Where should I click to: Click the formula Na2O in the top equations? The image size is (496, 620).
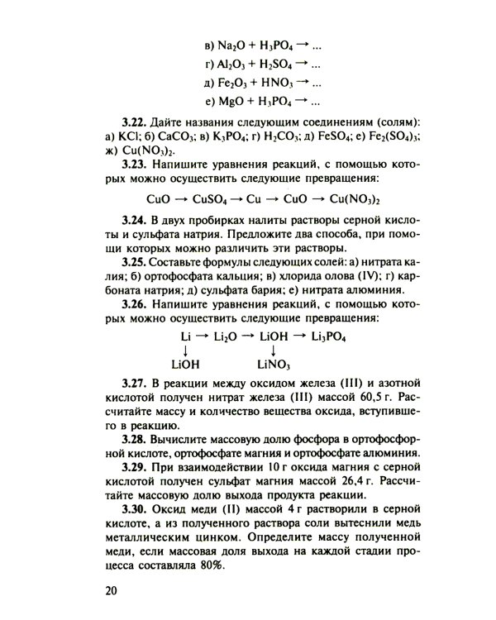pos(223,44)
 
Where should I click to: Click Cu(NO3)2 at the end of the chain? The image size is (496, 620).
pos(362,199)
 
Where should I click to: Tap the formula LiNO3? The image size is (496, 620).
pos(275,363)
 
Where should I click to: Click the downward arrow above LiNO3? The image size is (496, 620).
pos(272,350)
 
